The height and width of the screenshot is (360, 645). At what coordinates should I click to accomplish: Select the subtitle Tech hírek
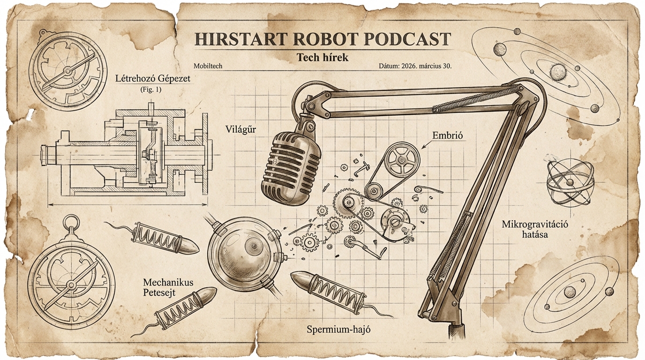pyautogui.click(x=322, y=57)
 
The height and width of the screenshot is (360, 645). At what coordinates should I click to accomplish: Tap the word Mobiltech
pyautogui.click(x=208, y=67)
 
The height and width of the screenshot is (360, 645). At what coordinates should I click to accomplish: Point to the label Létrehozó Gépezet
pyautogui.click(x=153, y=78)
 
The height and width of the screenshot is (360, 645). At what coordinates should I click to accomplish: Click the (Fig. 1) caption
pyautogui.click(x=150, y=89)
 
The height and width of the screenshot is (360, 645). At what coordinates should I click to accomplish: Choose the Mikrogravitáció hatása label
pyautogui.click(x=534, y=229)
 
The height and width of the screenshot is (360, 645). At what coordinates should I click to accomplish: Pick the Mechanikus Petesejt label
pyautogui.click(x=168, y=287)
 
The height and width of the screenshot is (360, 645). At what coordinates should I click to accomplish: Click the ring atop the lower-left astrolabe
pyautogui.click(x=71, y=221)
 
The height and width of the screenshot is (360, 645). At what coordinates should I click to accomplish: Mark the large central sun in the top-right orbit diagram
pyautogui.click(x=558, y=72)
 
